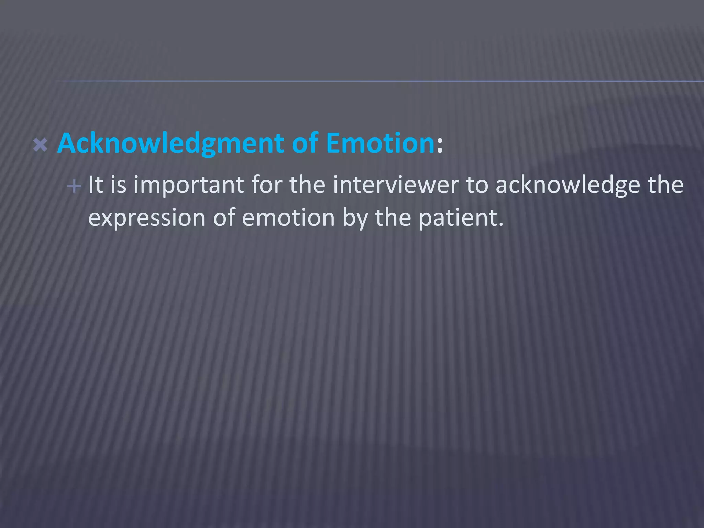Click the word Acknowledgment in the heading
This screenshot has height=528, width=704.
(170, 143)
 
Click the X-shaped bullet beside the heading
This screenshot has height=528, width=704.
(40, 145)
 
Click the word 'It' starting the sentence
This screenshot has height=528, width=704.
(96, 185)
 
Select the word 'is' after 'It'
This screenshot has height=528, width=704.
(118, 185)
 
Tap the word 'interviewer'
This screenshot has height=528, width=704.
(396, 185)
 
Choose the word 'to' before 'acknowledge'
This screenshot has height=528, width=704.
(477, 185)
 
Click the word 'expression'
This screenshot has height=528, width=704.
(147, 219)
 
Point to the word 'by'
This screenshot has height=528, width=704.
(355, 219)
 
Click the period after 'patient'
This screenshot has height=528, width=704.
(500, 225)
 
